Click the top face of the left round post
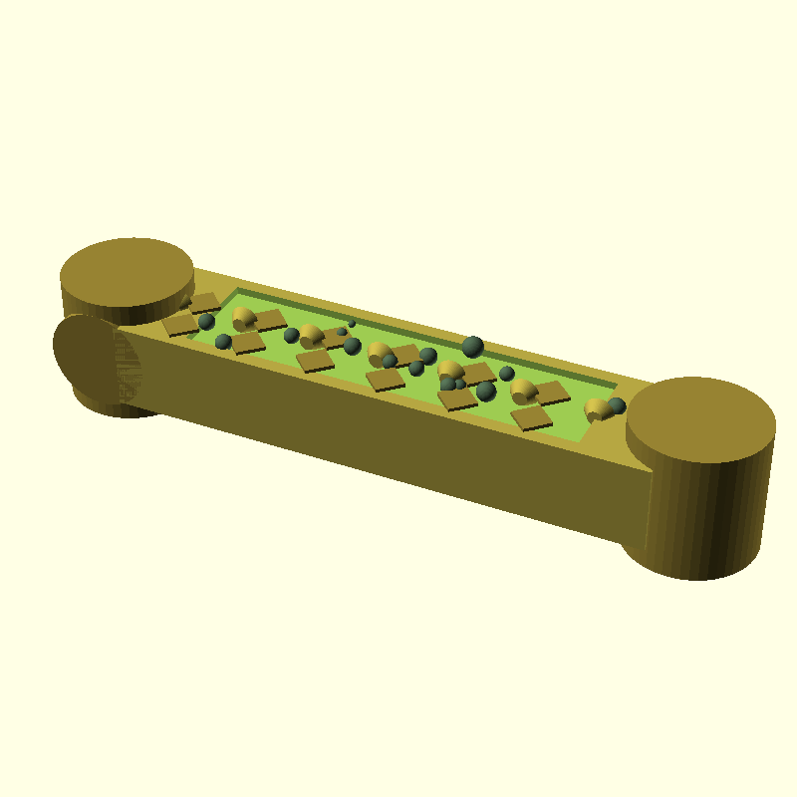tap(127, 270)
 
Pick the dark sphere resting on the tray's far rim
tap(472, 347)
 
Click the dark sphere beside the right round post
tap(617, 405)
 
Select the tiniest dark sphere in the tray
tap(352, 324)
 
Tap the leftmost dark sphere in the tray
tap(206, 322)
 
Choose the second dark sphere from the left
tap(223, 342)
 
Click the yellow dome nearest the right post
tap(596, 408)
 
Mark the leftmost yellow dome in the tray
tap(243, 318)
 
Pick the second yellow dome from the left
tap(311, 335)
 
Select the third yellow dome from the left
tap(379, 353)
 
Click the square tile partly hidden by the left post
tap(205, 302)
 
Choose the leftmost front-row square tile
tap(180, 325)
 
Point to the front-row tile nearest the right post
tap(531, 418)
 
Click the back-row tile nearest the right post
tap(551, 392)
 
